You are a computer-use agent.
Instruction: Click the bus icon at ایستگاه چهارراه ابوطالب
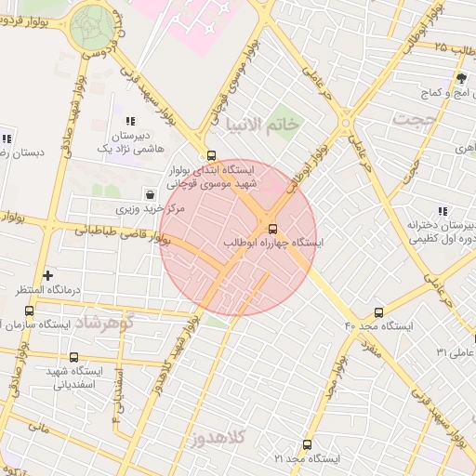pos(272,228)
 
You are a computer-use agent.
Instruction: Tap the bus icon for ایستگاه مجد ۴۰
pos(378,312)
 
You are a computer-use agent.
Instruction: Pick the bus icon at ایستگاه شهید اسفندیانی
pos(74,357)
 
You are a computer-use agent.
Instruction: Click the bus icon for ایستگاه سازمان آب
pos(29,311)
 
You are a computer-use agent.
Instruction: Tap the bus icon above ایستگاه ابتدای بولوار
pos(211,156)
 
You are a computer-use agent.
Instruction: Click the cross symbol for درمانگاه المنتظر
pos(48,275)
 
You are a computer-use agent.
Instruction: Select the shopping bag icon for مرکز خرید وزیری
pos(124,195)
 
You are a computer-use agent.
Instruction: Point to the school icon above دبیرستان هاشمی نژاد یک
pos(130,121)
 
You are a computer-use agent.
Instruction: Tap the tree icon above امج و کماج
pos(460,78)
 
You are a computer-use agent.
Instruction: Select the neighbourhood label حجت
pos(414,119)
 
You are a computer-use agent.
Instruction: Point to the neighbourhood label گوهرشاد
pos(103,322)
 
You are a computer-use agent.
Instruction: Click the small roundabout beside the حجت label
pos(346,122)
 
